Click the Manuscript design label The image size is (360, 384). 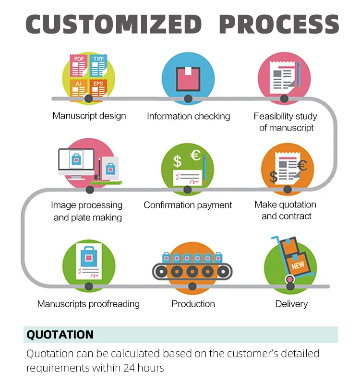(89, 116)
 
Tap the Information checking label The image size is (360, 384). (188, 116)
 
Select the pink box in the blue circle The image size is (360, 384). (188, 77)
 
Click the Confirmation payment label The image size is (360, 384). (188, 205)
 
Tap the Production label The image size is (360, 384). (193, 304)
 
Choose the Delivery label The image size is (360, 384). (291, 304)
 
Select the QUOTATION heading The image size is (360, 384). (60, 335)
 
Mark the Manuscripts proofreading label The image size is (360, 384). (88, 304)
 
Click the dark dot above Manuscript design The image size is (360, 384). (88, 98)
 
